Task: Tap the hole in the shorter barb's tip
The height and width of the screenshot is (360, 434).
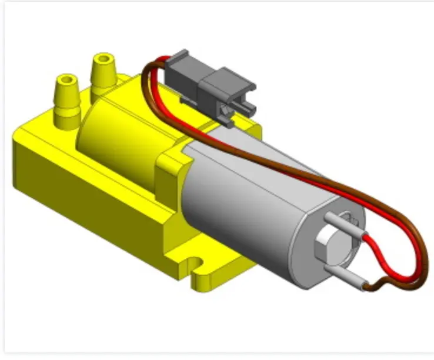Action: click(x=65, y=79)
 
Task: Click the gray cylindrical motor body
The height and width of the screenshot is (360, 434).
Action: click(x=247, y=200)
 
